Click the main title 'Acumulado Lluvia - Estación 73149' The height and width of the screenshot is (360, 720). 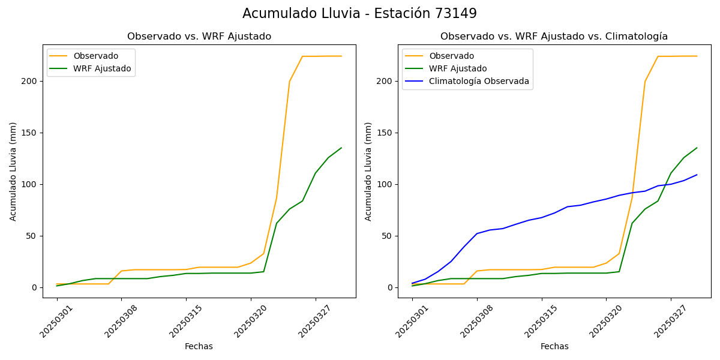coord(359,14)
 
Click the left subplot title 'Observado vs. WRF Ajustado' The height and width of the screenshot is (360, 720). coord(199,37)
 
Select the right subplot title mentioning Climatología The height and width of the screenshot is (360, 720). coord(554,37)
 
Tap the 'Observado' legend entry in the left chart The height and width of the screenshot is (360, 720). coord(95,56)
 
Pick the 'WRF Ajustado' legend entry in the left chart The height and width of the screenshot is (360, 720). coord(102,68)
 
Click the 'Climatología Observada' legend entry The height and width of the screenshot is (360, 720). coord(479,82)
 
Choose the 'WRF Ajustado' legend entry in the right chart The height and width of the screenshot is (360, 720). coord(458,68)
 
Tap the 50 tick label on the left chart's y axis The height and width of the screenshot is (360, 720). coord(32,236)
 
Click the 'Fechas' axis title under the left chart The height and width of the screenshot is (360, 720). coord(199,346)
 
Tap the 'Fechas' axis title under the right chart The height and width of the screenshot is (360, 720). coord(554,346)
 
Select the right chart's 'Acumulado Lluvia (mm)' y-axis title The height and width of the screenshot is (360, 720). coord(368,171)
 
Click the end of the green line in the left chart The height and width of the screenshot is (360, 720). coord(341,148)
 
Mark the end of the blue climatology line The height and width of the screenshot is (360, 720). coord(697,175)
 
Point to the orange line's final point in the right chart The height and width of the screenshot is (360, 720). coord(697,56)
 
